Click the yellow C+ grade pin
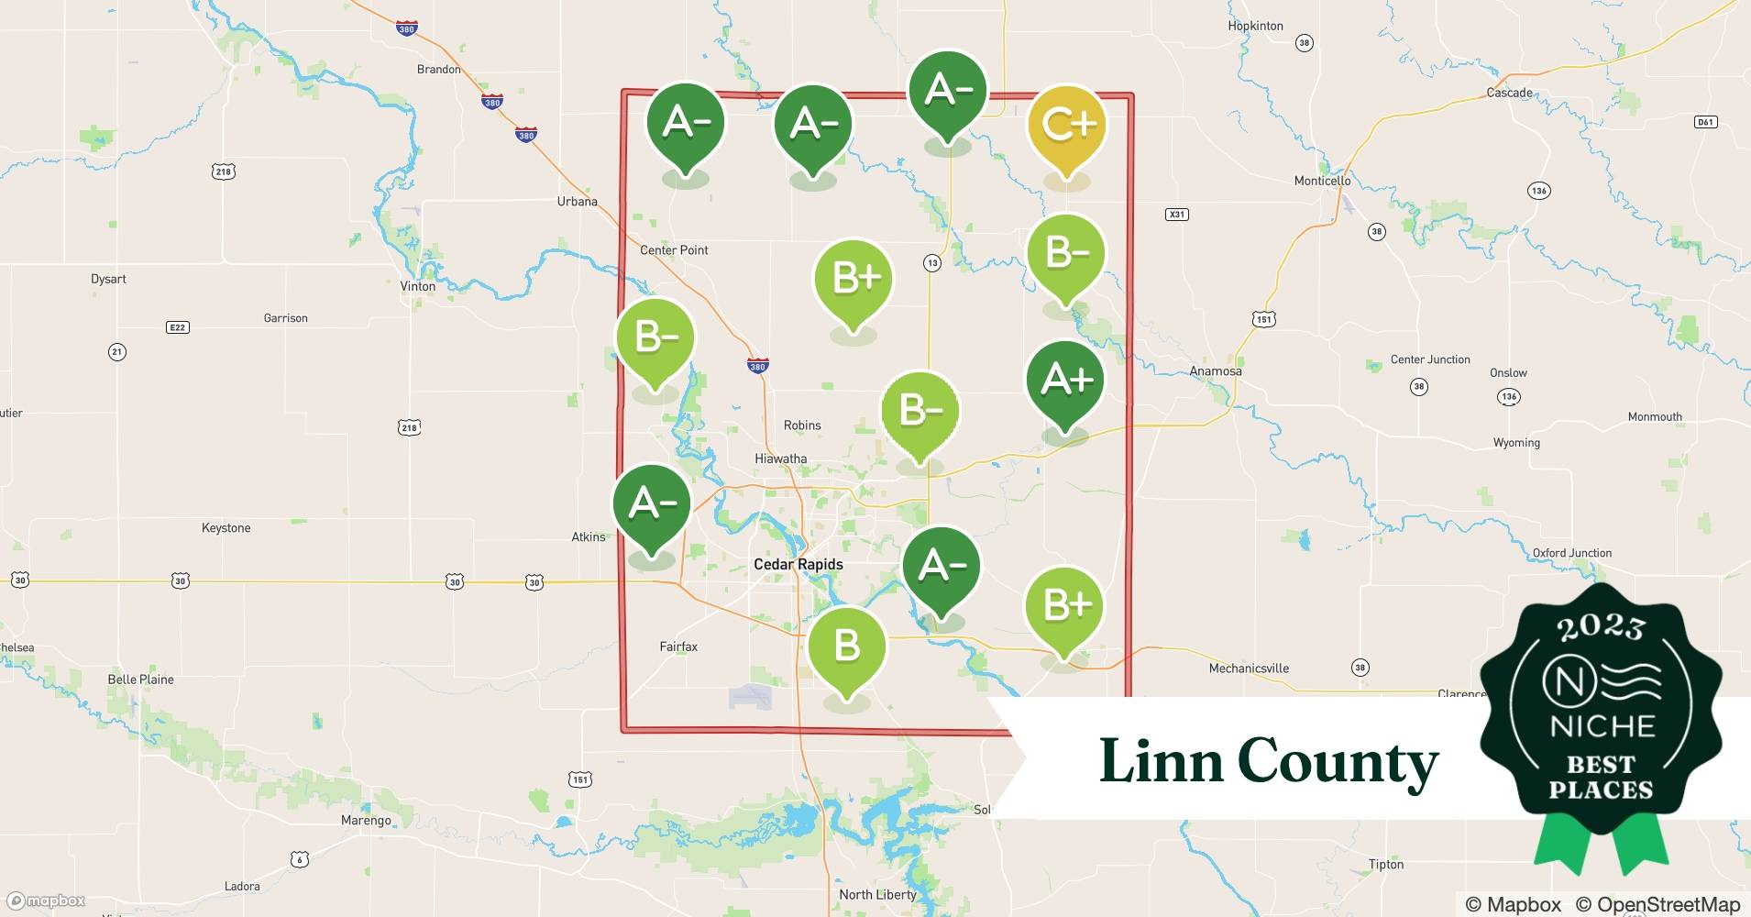(1066, 126)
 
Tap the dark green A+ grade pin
(1064, 381)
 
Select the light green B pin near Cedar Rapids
(847, 646)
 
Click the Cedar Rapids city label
(798, 565)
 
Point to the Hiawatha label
(780, 458)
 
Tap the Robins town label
(802, 425)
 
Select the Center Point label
(674, 250)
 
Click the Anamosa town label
(1215, 371)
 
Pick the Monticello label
(1322, 181)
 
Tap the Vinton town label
(417, 286)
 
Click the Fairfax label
(678, 646)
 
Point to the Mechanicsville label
(1249, 668)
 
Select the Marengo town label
(366, 821)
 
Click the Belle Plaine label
(140, 679)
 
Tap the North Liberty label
(877, 895)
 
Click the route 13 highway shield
(931, 263)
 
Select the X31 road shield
(1176, 215)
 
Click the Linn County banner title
(1269, 761)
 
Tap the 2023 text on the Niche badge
(1601, 627)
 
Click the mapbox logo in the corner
(46, 900)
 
